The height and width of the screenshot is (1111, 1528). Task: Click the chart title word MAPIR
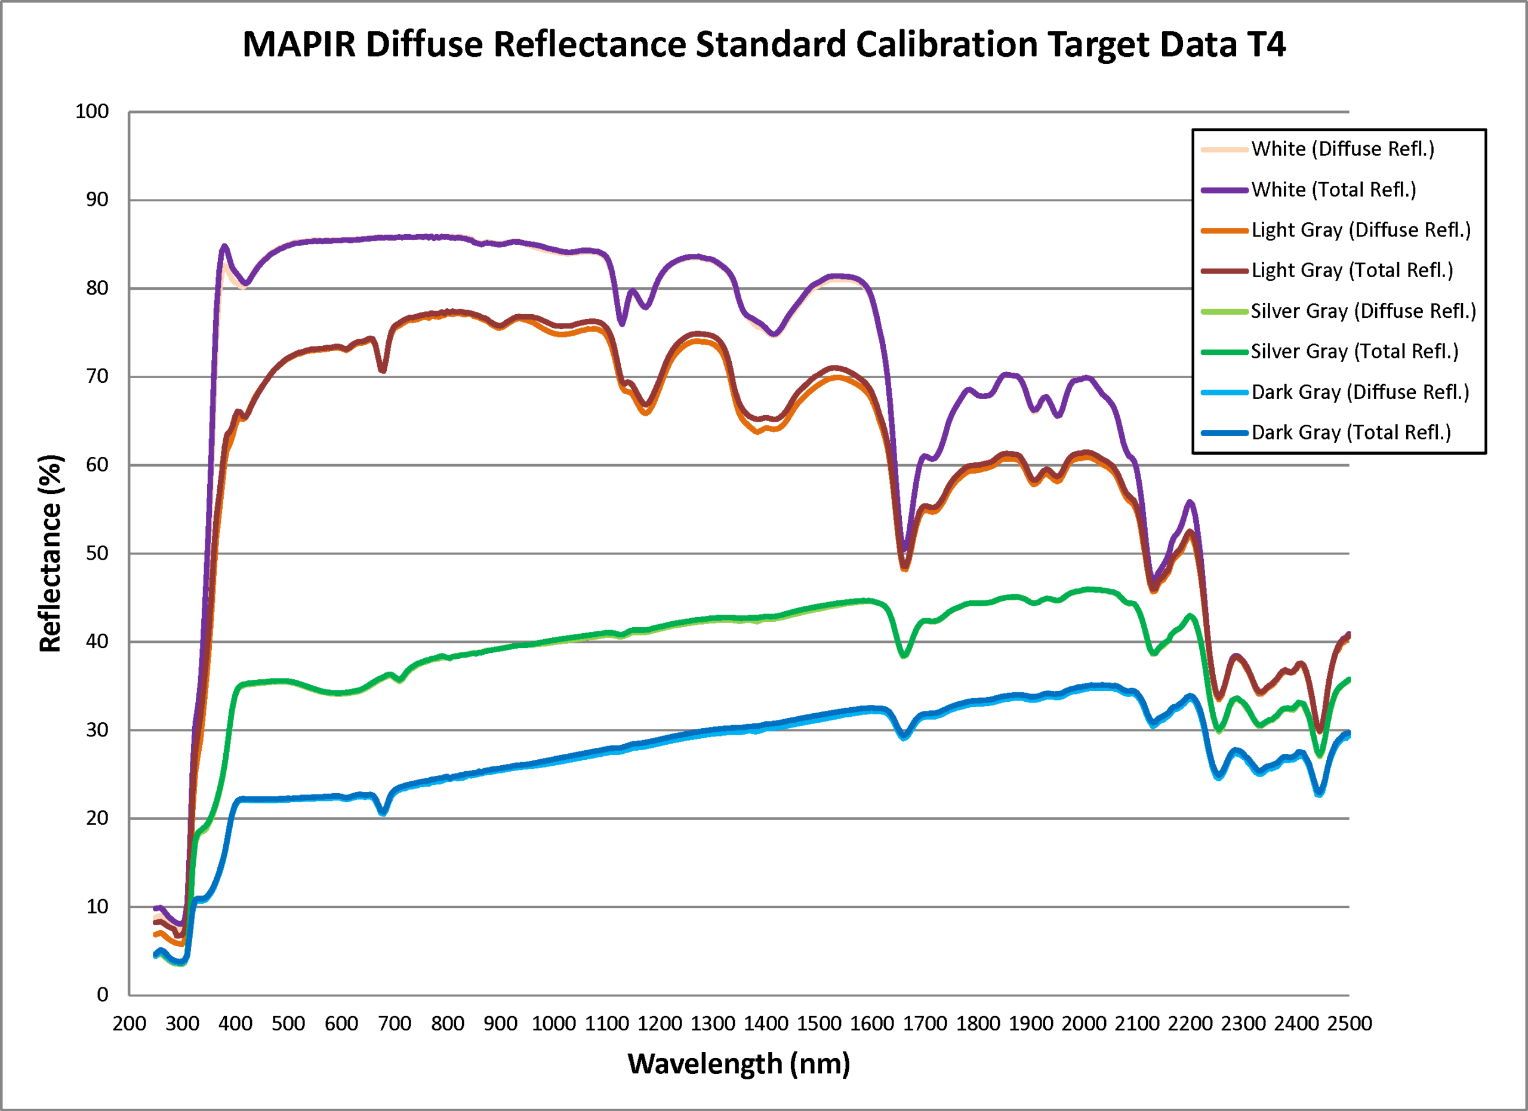(298, 44)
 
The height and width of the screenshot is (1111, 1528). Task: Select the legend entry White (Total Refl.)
(1333, 189)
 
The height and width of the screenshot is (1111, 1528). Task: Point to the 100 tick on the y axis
(93, 111)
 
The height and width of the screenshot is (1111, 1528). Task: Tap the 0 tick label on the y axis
(103, 995)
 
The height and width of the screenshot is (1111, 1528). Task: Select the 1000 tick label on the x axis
(553, 1023)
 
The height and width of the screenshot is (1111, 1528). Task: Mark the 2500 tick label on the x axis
(1349, 1023)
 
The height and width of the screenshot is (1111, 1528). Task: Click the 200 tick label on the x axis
(130, 1023)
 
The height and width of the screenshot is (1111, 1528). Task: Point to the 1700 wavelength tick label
(925, 1023)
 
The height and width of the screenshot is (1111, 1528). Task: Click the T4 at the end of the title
(1266, 44)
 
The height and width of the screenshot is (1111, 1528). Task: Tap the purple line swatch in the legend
(1224, 190)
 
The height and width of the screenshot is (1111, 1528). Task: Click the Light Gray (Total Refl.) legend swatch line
(1224, 271)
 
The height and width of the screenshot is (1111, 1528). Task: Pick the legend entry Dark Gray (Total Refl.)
(1351, 432)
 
